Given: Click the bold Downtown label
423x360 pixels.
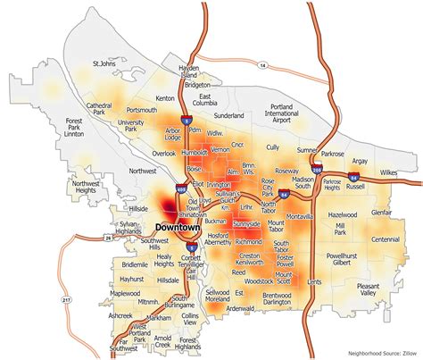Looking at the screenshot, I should click(179, 228).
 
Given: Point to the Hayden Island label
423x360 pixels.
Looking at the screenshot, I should click(188, 71).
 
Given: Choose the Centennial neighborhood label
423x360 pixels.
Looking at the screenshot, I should click(386, 239).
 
